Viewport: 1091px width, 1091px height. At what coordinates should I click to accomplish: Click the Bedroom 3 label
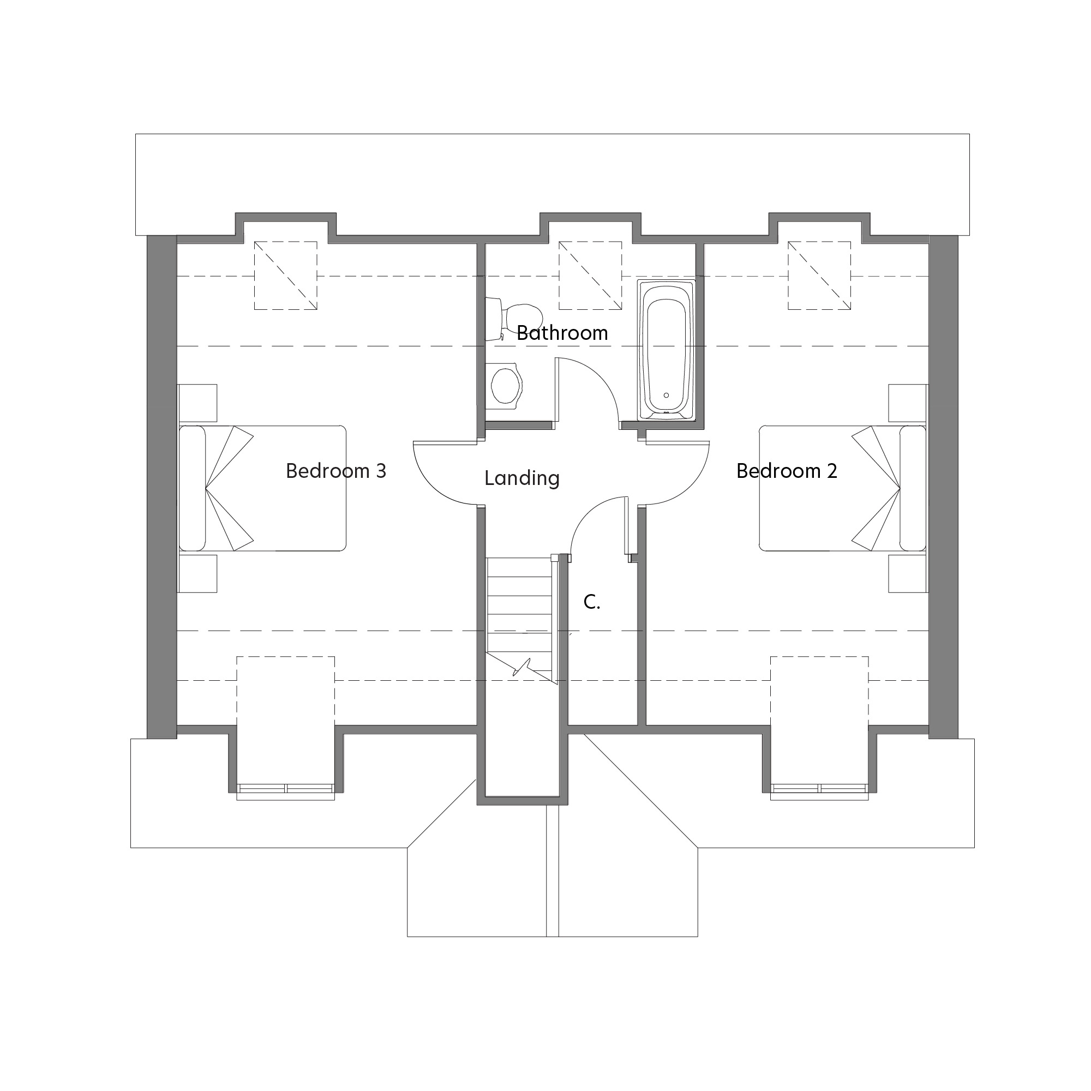point(336,471)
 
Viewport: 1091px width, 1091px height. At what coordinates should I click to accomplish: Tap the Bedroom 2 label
point(786,471)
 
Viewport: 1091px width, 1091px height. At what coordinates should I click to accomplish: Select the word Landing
point(522,478)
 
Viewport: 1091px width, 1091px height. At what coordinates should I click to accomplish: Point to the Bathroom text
point(562,333)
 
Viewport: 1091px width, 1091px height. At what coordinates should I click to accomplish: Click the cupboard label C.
point(591,602)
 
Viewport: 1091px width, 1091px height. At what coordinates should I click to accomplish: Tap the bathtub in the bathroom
point(667,350)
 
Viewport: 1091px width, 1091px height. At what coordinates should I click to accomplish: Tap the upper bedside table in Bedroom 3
point(197,403)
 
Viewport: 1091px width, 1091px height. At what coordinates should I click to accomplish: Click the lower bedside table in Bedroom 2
point(908,574)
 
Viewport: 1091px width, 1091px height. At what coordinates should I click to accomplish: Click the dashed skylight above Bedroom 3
point(285,275)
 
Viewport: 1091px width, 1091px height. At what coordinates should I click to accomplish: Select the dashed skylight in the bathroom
point(590,275)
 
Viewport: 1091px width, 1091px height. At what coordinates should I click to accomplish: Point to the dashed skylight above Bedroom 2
point(819,275)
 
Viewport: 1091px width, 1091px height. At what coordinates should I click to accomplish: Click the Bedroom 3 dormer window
point(285,788)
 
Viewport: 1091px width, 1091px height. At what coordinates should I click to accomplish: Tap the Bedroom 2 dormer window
point(819,788)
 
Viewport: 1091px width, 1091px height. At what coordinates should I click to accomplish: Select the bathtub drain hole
point(667,395)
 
